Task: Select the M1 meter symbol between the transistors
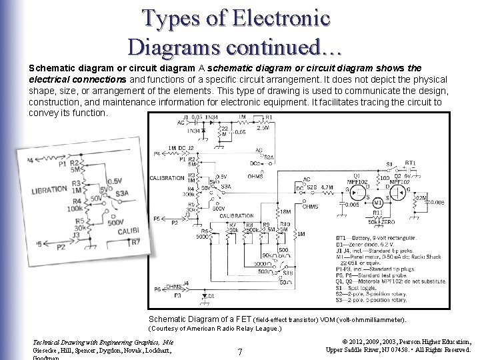pos(377,202)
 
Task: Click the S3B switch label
pos(287,273)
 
